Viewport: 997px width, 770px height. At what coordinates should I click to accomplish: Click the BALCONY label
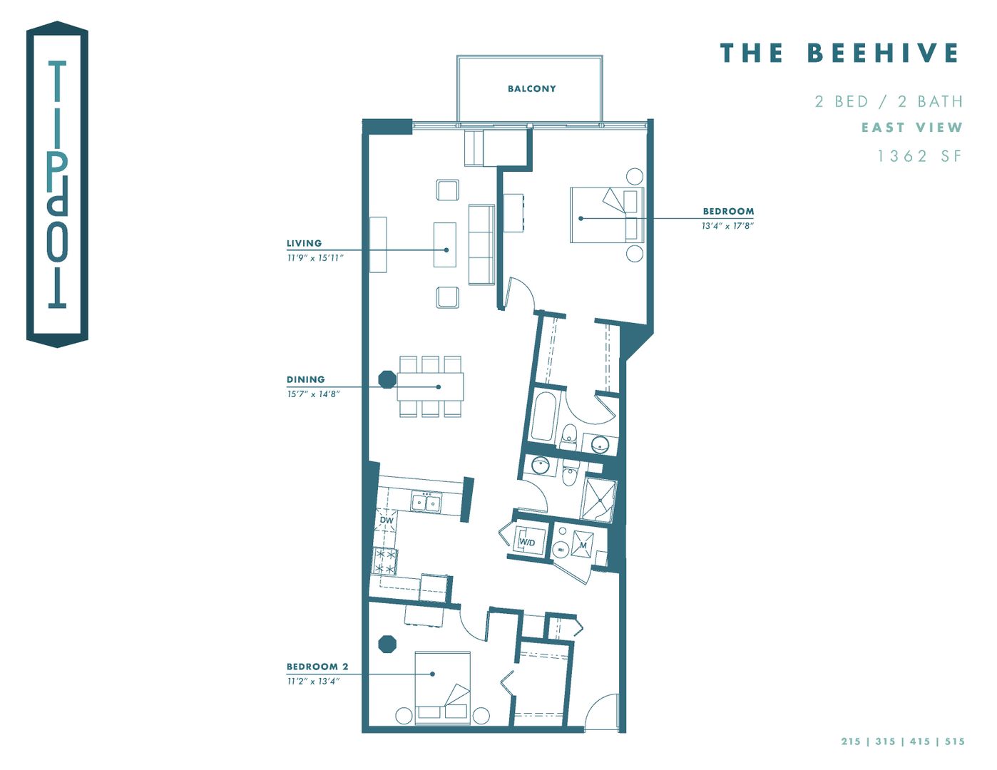click(531, 89)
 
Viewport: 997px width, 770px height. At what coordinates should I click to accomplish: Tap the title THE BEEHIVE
click(839, 53)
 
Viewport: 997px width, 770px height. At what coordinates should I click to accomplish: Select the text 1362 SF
click(919, 156)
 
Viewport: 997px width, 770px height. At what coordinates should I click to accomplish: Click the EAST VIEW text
click(911, 128)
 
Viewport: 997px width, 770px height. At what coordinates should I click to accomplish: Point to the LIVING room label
click(304, 243)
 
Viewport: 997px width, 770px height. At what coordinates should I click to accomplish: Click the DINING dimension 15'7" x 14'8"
click(313, 394)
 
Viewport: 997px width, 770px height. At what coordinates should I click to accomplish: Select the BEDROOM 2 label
click(317, 667)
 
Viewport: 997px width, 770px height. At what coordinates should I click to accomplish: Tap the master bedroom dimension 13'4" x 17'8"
click(727, 226)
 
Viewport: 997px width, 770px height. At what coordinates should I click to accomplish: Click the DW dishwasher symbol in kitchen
click(387, 520)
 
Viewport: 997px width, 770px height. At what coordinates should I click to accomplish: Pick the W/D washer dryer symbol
click(527, 543)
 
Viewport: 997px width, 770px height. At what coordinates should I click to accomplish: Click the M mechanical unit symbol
click(583, 545)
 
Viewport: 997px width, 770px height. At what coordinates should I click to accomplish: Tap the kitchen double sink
click(426, 503)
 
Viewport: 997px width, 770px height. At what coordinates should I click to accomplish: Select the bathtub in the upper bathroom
click(542, 416)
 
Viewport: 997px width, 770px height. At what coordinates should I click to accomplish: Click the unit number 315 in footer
click(885, 741)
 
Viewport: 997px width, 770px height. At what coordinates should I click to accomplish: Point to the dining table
click(430, 386)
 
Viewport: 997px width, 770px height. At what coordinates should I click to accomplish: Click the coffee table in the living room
click(445, 245)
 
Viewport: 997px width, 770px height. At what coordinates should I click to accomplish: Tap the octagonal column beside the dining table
click(387, 379)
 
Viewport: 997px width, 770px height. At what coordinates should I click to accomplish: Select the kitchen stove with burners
click(385, 561)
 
